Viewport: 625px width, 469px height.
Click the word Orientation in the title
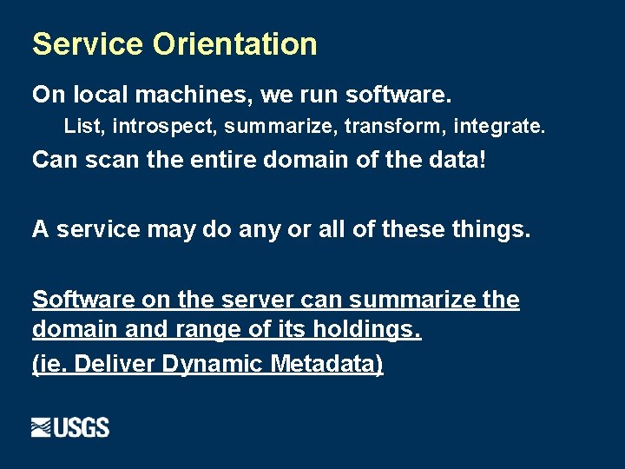click(235, 44)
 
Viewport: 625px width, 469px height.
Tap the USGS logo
click(70, 427)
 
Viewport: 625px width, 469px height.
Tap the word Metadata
click(326, 363)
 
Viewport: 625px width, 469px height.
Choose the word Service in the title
click(89, 44)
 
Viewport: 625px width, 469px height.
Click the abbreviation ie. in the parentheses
click(51, 363)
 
